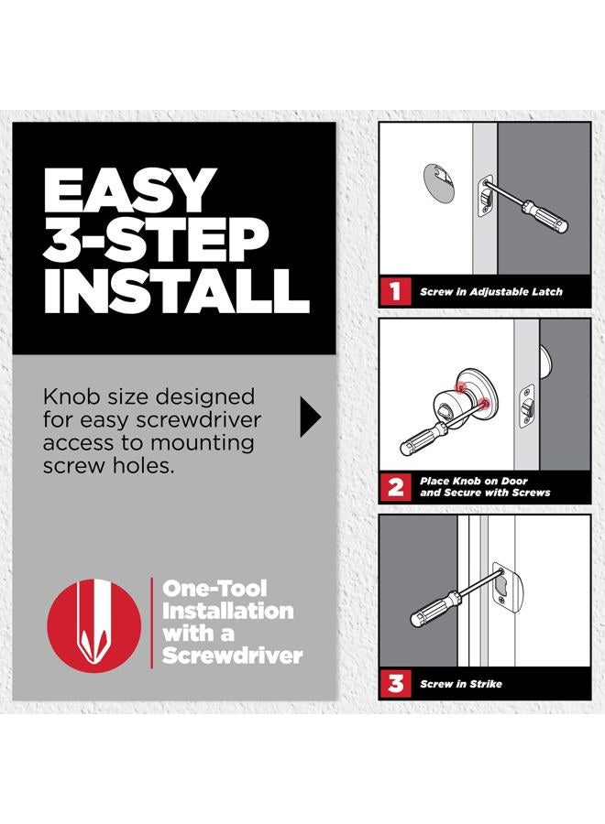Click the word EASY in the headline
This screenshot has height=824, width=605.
(x=127, y=190)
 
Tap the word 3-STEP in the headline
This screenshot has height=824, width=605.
(x=156, y=240)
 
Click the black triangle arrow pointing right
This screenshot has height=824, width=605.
(x=311, y=417)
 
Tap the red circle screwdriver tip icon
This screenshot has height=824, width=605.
(x=94, y=625)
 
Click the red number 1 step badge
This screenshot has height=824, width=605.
(x=395, y=291)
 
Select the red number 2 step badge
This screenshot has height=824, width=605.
(x=395, y=487)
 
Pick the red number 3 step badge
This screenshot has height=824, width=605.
(x=395, y=683)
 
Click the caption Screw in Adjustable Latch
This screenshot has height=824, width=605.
(x=490, y=292)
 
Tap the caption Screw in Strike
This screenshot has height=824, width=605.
(x=461, y=684)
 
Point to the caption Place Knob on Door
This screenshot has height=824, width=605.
(x=474, y=481)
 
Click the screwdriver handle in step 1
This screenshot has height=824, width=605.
(x=545, y=218)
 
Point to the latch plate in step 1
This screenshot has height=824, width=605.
(x=485, y=197)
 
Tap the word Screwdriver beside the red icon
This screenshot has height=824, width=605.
(x=232, y=656)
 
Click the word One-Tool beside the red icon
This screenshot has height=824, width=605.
(x=214, y=588)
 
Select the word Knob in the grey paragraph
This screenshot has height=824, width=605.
(x=71, y=396)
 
